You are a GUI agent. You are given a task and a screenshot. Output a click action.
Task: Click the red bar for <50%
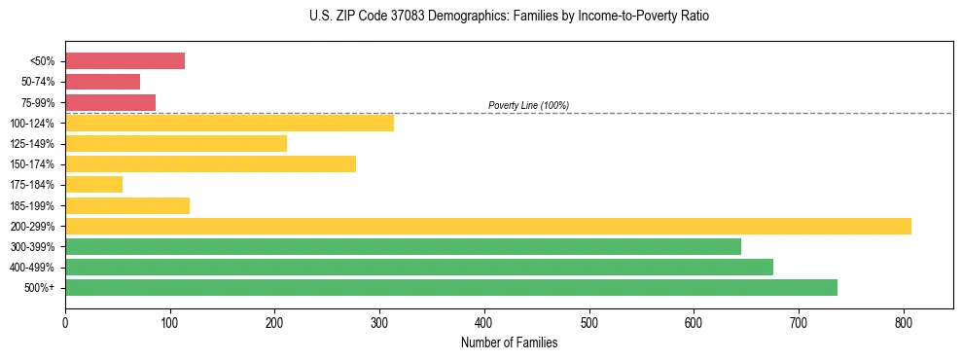click(125, 61)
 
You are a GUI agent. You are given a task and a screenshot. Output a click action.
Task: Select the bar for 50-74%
click(102, 82)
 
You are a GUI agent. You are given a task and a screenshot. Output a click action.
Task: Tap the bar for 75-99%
click(110, 102)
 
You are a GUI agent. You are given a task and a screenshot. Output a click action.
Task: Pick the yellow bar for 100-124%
click(230, 123)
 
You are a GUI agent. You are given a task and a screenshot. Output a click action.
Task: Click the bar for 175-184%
click(93, 184)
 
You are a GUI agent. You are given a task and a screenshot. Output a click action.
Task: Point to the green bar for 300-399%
click(403, 246)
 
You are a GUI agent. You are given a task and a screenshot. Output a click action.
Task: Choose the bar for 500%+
click(451, 287)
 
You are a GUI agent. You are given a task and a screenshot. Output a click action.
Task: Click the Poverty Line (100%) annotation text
click(528, 105)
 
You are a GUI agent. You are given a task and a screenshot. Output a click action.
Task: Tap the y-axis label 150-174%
click(32, 164)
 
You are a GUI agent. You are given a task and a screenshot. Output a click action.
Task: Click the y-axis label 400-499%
click(32, 268)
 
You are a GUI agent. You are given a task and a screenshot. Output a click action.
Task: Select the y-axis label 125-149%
click(32, 144)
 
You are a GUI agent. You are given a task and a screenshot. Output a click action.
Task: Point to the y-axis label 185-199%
click(32, 205)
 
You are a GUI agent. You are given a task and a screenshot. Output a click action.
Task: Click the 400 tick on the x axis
click(484, 320)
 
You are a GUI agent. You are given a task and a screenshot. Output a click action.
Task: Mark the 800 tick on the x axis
click(904, 320)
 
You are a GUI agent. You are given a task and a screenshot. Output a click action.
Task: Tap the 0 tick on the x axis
click(65, 320)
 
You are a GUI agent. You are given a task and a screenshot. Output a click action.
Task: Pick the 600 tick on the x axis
click(694, 320)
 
